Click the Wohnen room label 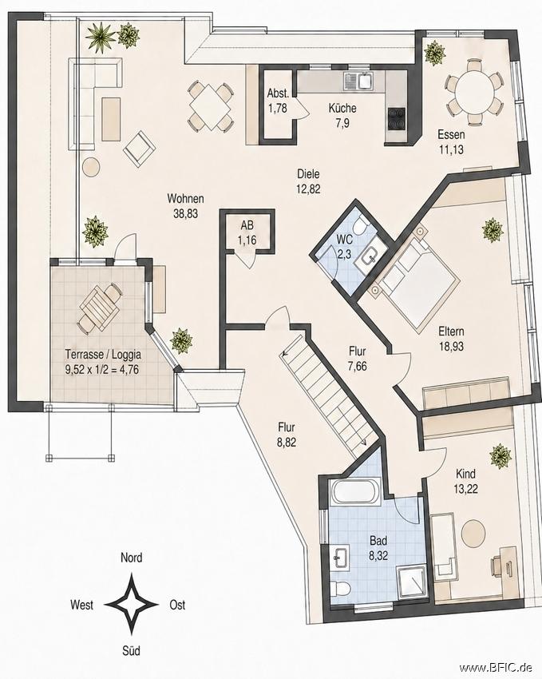(185, 199)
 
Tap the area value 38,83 (185, 213)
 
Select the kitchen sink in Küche (358, 81)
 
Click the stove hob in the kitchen (397, 118)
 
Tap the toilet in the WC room (359, 225)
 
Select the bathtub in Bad (354, 491)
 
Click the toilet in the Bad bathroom (340, 589)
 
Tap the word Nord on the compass (131, 558)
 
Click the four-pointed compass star (132, 604)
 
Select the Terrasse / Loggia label (103, 354)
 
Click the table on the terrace (99, 308)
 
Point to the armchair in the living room (139, 148)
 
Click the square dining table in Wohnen (210, 106)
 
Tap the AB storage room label (247, 225)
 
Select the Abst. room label (277, 93)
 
